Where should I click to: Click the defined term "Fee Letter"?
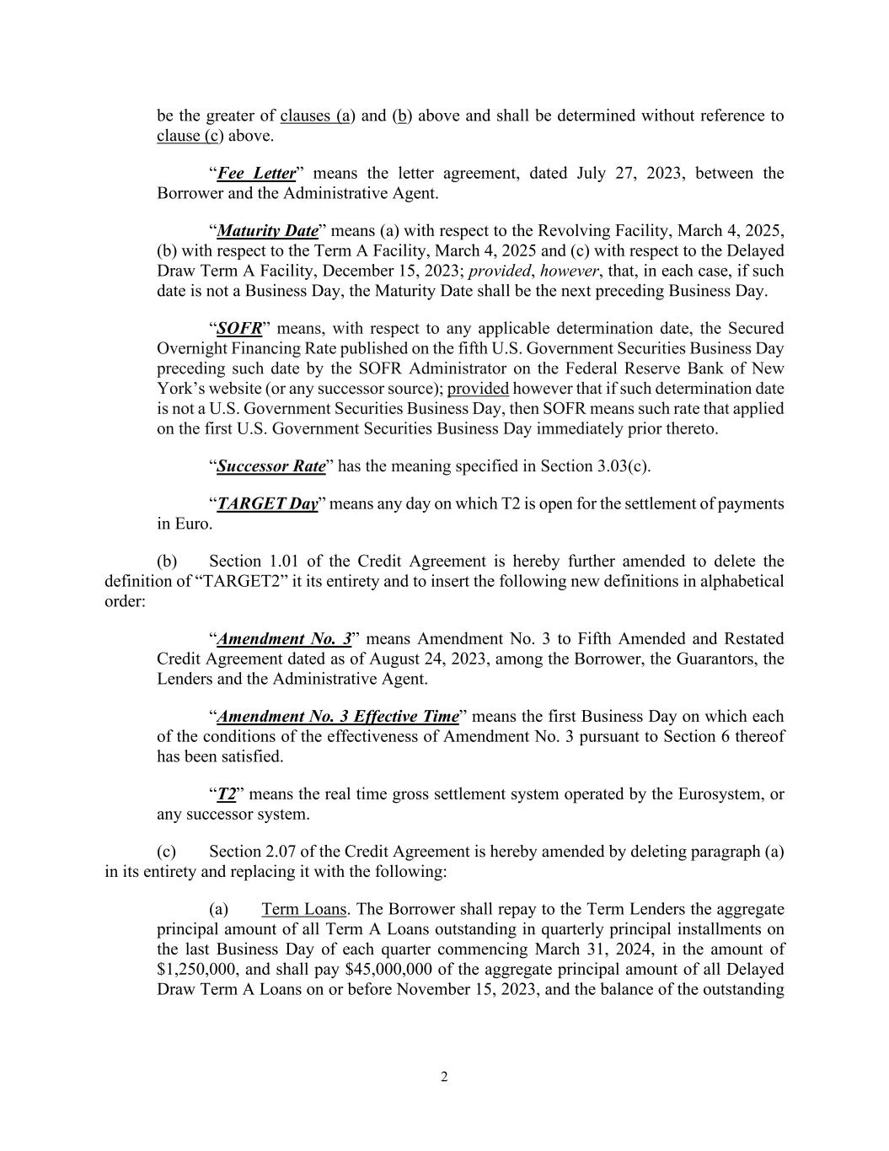click(256, 174)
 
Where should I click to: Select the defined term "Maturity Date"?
click(268, 231)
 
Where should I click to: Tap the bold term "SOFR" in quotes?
click(239, 329)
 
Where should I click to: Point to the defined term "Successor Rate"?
click(271, 467)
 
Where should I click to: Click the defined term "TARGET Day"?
click(267, 504)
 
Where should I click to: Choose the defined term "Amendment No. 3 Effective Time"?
click(338, 717)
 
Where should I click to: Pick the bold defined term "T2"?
click(227, 794)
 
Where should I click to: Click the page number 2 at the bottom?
click(444, 1077)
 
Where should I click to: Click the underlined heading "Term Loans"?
click(303, 910)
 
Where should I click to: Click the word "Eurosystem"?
click(719, 794)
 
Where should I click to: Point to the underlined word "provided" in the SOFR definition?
click(478, 389)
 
